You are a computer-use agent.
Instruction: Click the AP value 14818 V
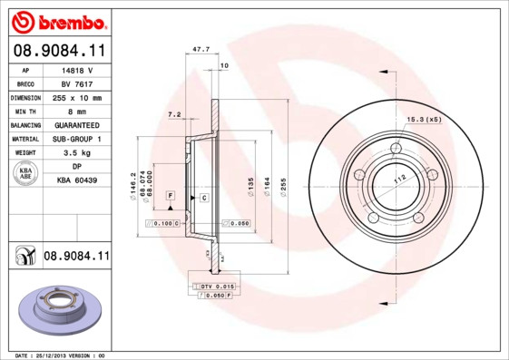(x=76, y=69)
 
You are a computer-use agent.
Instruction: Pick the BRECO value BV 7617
(x=76, y=83)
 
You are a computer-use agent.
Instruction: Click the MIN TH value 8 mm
(x=76, y=111)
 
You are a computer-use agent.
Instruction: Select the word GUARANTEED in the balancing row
(x=76, y=124)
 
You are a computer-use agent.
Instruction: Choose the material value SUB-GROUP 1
(x=76, y=139)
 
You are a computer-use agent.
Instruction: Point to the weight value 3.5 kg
(x=76, y=153)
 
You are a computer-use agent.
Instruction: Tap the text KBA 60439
(x=76, y=180)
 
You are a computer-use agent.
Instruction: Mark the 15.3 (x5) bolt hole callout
(x=424, y=119)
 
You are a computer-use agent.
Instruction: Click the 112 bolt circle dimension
(x=396, y=178)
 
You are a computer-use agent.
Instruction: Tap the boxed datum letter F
(x=169, y=196)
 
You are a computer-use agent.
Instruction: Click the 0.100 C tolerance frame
(x=165, y=222)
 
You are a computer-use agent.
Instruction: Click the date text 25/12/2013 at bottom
(x=57, y=355)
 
